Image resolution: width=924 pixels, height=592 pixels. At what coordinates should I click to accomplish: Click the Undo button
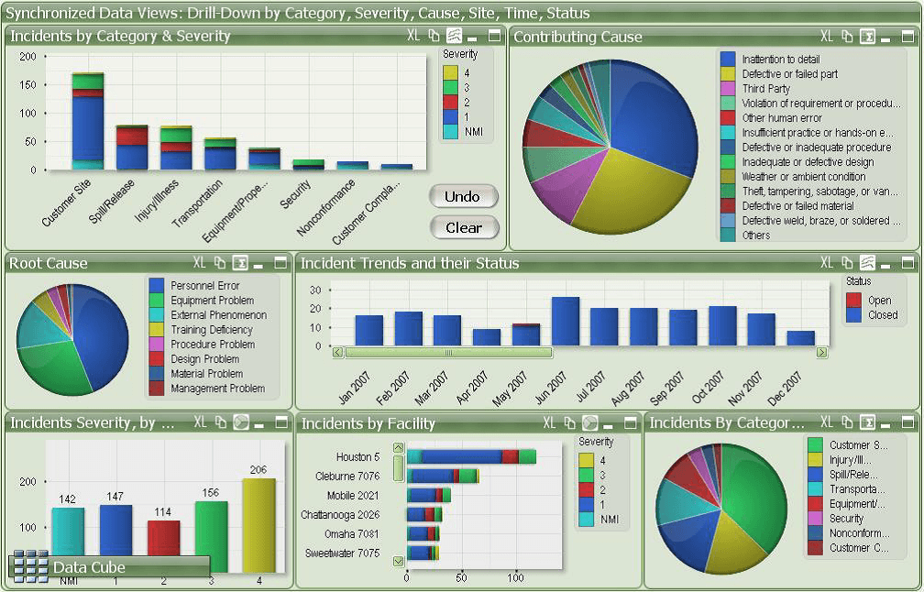tap(462, 196)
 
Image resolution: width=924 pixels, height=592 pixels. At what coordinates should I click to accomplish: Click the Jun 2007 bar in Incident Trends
tap(565, 322)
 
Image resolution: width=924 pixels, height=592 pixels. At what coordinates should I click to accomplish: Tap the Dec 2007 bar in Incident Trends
tap(800, 338)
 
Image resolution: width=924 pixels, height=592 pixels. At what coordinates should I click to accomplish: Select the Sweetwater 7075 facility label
tap(342, 554)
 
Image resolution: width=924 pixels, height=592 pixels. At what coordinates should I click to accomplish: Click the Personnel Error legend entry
tap(204, 286)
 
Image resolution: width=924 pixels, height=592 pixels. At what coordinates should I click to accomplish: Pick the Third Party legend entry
tap(765, 89)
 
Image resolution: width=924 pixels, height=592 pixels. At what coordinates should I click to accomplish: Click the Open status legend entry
tap(878, 301)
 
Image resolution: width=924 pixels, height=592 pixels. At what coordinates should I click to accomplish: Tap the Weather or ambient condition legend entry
tap(803, 177)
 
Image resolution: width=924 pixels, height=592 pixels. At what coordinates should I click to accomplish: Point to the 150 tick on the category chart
tap(27, 85)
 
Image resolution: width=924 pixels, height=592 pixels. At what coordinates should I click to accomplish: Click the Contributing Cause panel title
tap(577, 37)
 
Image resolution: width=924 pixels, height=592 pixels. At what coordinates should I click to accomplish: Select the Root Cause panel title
tap(49, 263)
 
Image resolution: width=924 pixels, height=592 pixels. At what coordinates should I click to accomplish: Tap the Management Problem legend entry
tap(217, 389)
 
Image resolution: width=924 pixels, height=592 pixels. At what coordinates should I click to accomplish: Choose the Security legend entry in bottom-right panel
tap(846, 519)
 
